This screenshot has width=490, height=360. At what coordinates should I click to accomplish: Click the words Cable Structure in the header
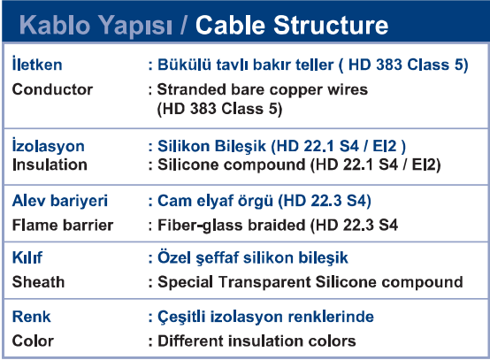[x=292, y=25]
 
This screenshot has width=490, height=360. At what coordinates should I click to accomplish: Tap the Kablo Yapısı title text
[x=96, y=27]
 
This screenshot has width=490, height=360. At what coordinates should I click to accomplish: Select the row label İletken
[x=37, y=64]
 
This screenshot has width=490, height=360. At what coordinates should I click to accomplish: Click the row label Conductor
[x=52, y=89]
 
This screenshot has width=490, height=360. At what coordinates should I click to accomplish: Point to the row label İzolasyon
[x=48, y=145]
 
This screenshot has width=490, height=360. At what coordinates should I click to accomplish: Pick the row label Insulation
[x=50, y=165]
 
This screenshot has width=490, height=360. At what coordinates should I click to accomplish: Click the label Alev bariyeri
[x=59, y=201]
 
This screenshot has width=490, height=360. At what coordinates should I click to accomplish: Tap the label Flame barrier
[x=63, y=225]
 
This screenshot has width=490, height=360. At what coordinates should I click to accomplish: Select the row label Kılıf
[x=27, y=257]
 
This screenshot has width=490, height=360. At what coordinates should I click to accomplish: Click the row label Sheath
[x=38, y=282]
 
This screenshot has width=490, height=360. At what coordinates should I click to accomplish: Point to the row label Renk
[x=31, y=317]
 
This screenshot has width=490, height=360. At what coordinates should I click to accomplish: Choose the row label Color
[x=33, y=341]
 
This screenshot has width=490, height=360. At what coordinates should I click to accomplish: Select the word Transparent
[x=264, y=282]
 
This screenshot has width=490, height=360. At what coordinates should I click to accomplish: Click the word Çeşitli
[x=181, y=318]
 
